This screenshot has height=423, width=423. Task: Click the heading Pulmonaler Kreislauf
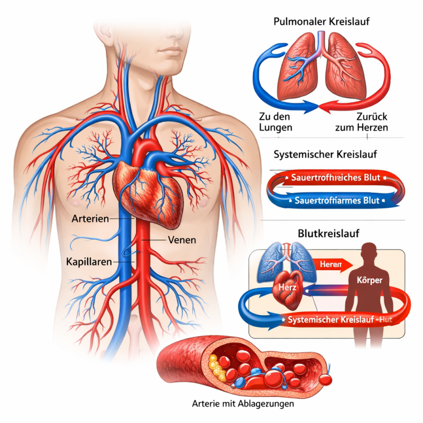coord(321,22)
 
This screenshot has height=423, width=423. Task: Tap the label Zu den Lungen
coord(275,122)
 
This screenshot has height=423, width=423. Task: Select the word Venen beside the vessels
coord(181,240)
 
